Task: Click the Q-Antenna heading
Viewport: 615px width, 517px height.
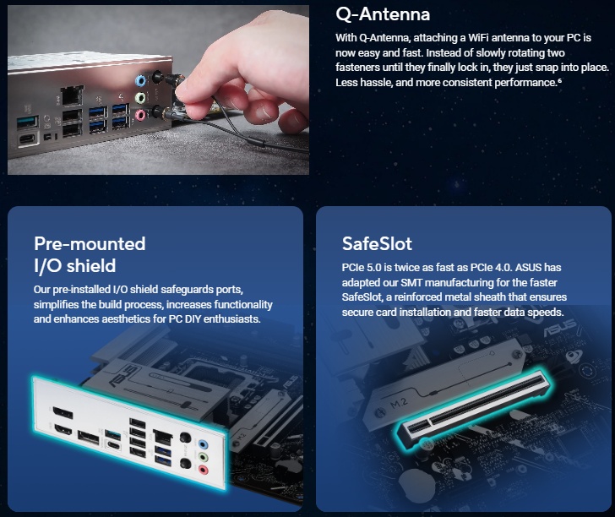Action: pyautogui.click(x=383, y=14)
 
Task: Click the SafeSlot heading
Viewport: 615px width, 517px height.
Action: pyautogui.click(x=377, y=243)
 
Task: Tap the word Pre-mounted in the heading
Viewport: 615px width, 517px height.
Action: pyautogui.click(x=90, y=243)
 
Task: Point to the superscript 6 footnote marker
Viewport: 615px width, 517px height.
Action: pyautogui.click(x=559, y=80)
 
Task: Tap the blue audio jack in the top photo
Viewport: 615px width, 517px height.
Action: pyautogui.click(x=140, y=81)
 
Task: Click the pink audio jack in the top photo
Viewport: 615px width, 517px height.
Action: pyautogui.click(x=141, y=115)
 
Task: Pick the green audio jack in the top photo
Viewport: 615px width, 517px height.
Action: pyautogui.click(x=140, y=98)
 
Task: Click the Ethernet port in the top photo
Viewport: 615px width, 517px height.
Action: pyautogui.click(x=71, y=95)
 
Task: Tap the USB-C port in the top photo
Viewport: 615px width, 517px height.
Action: pyautogui.click(x=28, y=139)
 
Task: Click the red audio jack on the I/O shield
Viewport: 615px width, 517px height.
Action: pyautogui.click(x=203, y=469)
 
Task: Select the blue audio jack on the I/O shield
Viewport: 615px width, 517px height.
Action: pyautogui.click(x=203, y=444)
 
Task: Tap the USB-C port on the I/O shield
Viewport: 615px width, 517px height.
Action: pyautogui.click(x=113, y=445)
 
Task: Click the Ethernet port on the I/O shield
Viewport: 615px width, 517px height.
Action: pyautogui.click(x=162, y=437)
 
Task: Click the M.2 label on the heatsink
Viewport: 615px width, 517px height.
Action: pyautogui.click(x=399, y=403)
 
